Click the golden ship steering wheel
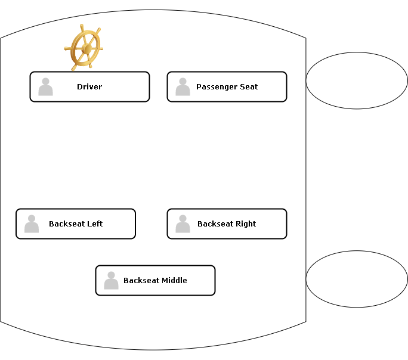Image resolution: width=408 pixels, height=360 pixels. point(84,48)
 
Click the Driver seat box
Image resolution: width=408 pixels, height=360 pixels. point(89,87)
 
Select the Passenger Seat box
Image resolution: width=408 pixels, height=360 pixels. point(227,87)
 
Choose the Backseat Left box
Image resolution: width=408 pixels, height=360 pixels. point(76,224)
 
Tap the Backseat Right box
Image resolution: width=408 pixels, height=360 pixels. point(227,224)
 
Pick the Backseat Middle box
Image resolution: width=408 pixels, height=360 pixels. point(155,281)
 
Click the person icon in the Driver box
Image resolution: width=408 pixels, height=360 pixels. point(45,87)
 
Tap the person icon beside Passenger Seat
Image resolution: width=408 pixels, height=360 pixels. point(183,87)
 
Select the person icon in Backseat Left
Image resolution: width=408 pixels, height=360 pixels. point(32,224)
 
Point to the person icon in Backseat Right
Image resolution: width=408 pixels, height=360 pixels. point(183,224)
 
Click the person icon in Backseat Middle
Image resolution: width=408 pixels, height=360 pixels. point(111,281)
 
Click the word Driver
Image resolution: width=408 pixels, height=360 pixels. point(89,87)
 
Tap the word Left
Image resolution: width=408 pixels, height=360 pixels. point(95,224)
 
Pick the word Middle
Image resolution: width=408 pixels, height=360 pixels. point(172,281)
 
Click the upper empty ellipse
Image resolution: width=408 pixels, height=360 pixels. point(357,80)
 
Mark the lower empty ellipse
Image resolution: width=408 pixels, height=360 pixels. point(357,279)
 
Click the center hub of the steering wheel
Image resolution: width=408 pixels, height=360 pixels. point(86,48)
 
